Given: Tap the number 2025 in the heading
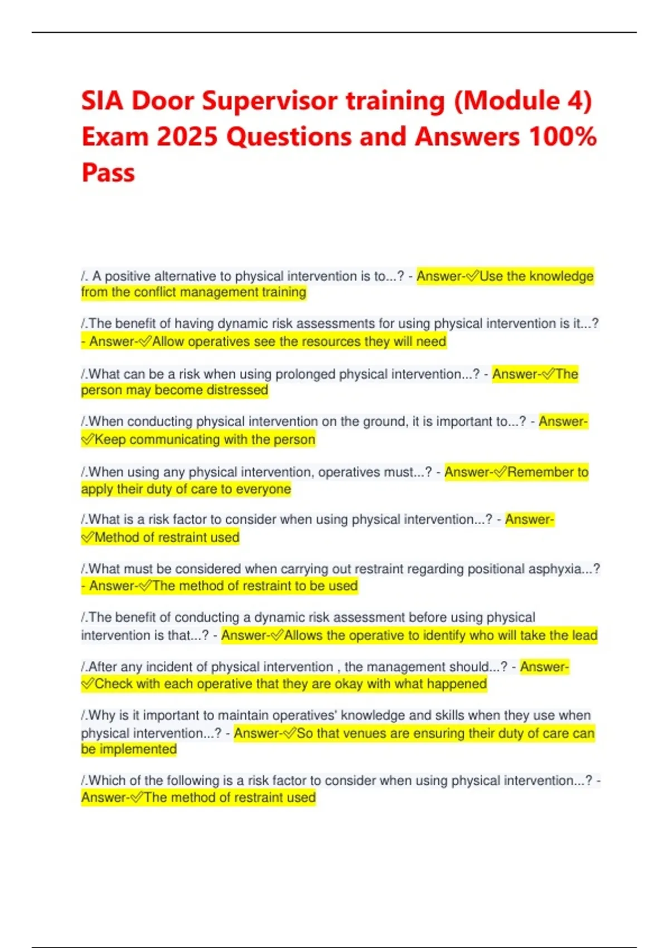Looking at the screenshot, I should point(187,137).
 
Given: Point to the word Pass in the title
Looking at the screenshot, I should point(108,173).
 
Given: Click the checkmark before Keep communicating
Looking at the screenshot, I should point(88,440).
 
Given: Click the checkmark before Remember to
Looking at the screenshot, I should point(500,473).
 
